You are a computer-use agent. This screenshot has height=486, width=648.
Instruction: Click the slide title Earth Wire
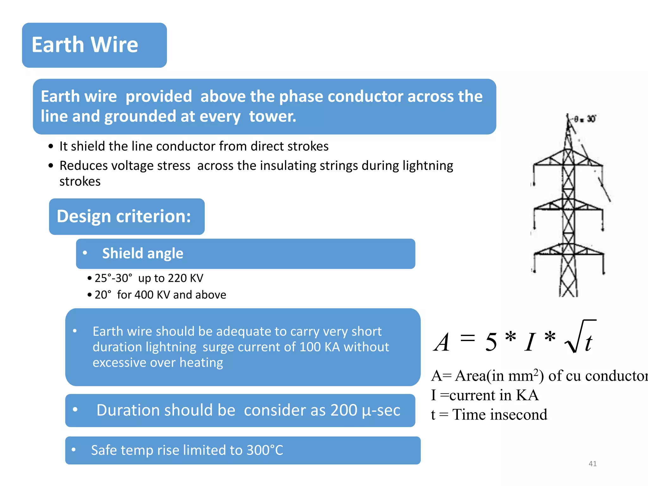pos(85,45)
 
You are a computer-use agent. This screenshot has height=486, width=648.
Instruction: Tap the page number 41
pos(592,464)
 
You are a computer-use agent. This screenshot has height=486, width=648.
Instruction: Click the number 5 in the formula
pos(491,342)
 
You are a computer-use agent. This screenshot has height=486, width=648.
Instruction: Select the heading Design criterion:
pos(124,216)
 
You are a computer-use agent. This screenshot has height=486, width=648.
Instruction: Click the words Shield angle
pos(143,253)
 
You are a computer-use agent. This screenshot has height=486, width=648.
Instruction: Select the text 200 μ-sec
pos(365,410)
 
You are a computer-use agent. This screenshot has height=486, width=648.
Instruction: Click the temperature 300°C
pos(265,450)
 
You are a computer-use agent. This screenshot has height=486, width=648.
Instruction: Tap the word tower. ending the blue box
pos(272,116)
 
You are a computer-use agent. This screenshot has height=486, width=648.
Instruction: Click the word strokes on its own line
pos(80,182)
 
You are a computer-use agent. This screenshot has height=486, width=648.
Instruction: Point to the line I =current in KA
pos(484,395)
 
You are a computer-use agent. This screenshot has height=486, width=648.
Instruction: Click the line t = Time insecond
pos(489,414)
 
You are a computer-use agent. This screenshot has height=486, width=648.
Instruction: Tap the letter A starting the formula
pos(442,342)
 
